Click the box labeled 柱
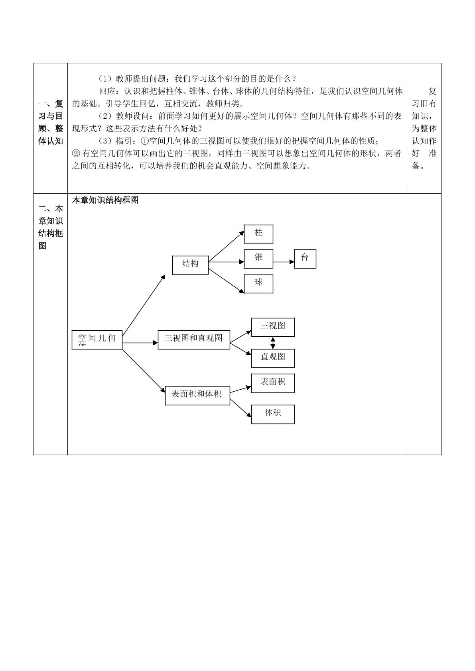click(x=258, y=234)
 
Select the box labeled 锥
click(x=258, y=259)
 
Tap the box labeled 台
click(x=305, y=259)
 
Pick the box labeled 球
click(x=258, y=284)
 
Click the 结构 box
click(x=190, y=265)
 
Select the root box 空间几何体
click(x=97, y=340)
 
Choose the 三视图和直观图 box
click(x=194, y=340)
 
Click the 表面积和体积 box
click(x=197, y=395)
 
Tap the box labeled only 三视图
click(x=272, y=327)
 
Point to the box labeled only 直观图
click(x=272, y=358)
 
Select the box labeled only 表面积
click(x=272, y=383)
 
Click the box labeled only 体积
click(x=272, y=414)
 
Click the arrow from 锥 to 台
click(x=284, y=262)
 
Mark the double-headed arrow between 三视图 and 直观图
click(x=272, y=343)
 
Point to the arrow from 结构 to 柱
click(x=226, y=246)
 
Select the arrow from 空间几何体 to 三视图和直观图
click(x=140, y=343)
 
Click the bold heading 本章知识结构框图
click(x=105, y=200)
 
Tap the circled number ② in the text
click(x=76, y=153)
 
